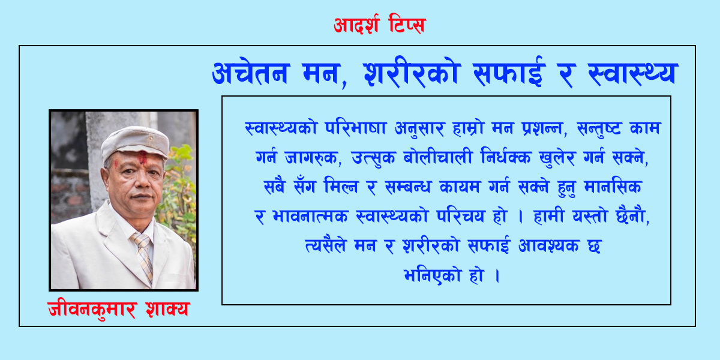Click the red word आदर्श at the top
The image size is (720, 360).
tap(356, 25)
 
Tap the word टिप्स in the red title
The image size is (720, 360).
tap(407, 24)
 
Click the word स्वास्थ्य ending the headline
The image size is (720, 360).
tap(633, 73)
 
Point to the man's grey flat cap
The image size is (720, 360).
tap(136, 143)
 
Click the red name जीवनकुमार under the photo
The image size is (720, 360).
tap(92, 309)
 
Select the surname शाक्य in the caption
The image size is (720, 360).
tap(167, 309)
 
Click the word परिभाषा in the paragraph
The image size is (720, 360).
tap(355, 128)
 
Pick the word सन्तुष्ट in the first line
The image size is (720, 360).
tap(599, 128)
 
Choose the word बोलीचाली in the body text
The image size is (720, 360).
tap(437, 157)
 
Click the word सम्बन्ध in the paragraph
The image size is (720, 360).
tap(407, 187)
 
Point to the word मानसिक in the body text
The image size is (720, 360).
tap(613, 186)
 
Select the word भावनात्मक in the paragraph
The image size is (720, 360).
tap(310, 217)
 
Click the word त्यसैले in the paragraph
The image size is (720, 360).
tap(326, 245)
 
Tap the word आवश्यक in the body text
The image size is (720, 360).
tap(548, 246)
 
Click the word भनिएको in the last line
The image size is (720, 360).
tap(433, 275)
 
